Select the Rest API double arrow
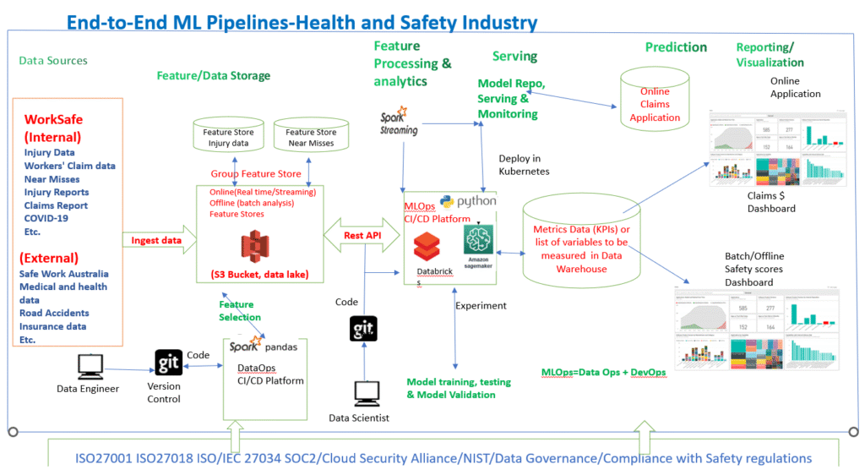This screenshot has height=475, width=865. pyautogui.click(x=361, y=235)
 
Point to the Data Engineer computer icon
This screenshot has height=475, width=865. pyautogui.click(x=89, y=365)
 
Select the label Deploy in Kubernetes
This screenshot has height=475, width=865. pyautogui.click(x=524, y=165)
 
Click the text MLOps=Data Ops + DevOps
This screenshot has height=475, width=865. pyautogui.click(x=603, y=372)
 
